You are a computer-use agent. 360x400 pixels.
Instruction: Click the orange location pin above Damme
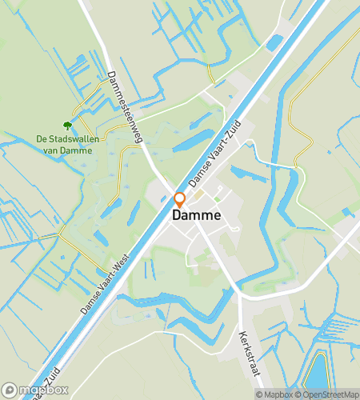[x=180, y=200]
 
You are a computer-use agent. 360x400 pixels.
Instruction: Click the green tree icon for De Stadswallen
[x=67, y=125]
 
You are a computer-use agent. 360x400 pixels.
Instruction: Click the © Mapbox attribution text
[x=274, y=394]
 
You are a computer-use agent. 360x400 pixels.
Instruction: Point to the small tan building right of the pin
[x=199, y=194]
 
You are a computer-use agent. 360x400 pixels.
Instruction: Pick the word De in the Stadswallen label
[x=42, y=139]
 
